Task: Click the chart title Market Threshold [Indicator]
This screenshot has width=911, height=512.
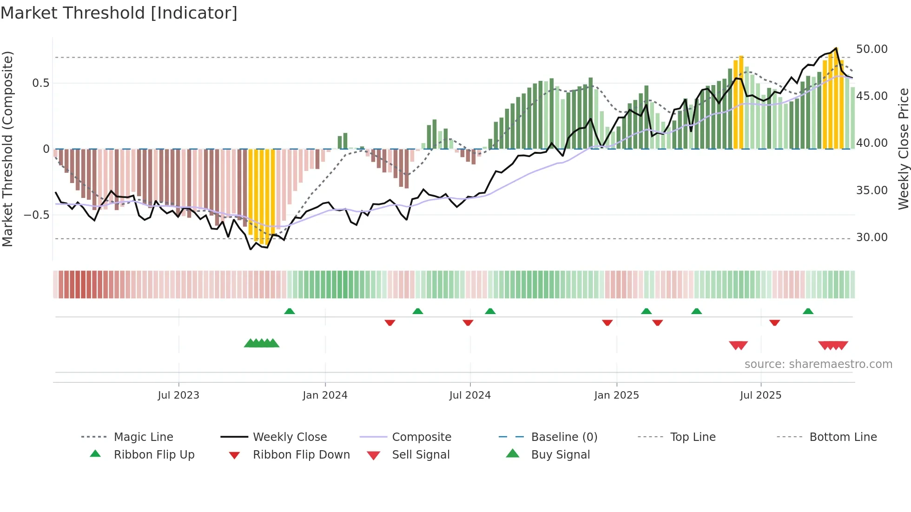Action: (x=119, y=13)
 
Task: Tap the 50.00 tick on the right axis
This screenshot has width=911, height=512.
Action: (x=871, y=49)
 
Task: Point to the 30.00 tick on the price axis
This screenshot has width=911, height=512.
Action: (x=871, y=237)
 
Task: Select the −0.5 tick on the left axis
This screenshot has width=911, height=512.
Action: (x=36, y=215)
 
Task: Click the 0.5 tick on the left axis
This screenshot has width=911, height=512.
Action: (x=40, y=83)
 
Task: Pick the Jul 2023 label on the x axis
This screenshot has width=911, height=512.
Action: (x=178, y=395)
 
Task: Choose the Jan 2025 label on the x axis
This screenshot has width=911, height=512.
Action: (x=616, y=395)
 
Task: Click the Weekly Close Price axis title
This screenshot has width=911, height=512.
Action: (x=903, y=149)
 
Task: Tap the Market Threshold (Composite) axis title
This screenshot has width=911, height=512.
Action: (x=7, y=149)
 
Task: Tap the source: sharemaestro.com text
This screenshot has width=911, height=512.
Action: (x=818, y=364)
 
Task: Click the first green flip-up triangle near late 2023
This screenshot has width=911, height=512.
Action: (x=290, y=311)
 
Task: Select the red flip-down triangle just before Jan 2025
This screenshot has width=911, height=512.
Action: (x=607, y=322)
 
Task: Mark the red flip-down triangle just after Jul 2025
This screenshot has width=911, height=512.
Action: (x=774, y=322)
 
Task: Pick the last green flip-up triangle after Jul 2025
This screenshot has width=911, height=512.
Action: (x=808, y=311)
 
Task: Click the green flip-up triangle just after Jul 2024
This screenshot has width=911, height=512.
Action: (x=490, y=311)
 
